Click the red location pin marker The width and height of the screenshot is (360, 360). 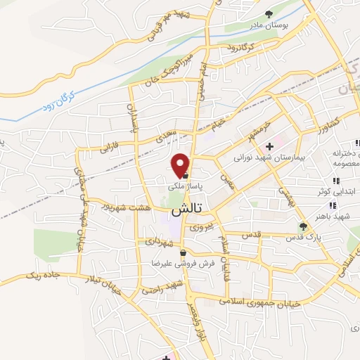181,165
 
